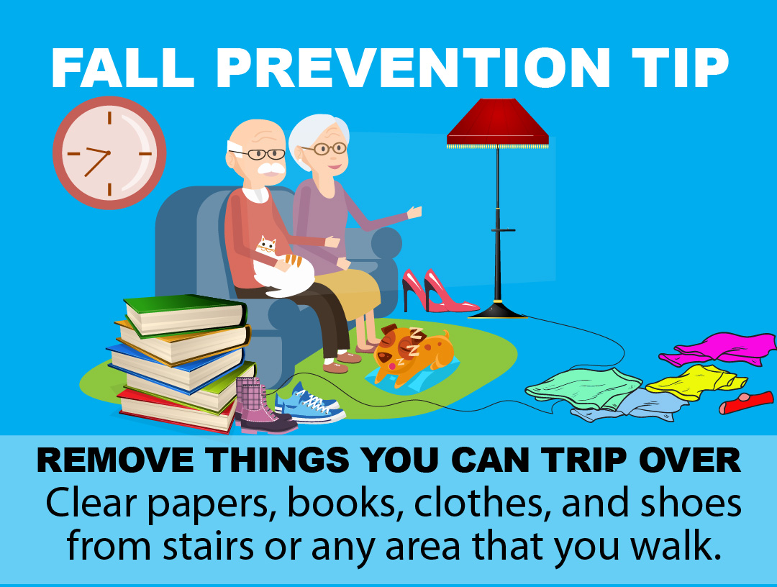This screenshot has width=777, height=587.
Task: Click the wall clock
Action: point(109,153)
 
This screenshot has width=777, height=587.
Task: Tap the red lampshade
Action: point(498,123)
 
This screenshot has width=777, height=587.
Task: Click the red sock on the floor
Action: point(746,402)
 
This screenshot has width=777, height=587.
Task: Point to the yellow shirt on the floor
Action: point(696,382)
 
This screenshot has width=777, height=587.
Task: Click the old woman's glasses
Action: point(324,148)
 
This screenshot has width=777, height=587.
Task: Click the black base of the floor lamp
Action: point(497,311)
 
